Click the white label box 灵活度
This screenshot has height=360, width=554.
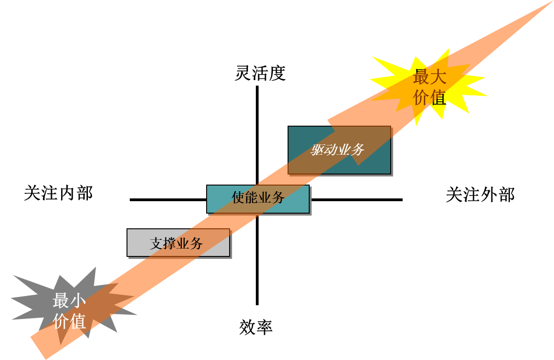(x=260, y=72)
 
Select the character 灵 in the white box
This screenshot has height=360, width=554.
(x=243, y=73)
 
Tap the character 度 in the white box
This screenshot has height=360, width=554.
(x=277, y=73)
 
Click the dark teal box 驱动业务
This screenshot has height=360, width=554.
(x=339, y=150)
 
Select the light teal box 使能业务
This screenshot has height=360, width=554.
(x=258, y=199)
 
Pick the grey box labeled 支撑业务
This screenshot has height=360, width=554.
(x=178, y=243)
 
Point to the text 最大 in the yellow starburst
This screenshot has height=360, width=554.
(x=429, y=77)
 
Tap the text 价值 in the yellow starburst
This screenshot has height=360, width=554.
(x=429, y=98)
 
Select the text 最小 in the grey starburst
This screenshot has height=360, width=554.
(x=69, y=301)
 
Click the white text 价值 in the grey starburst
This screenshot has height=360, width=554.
(x=69, y=321)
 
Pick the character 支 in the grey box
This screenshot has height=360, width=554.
(x=156, y=244)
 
